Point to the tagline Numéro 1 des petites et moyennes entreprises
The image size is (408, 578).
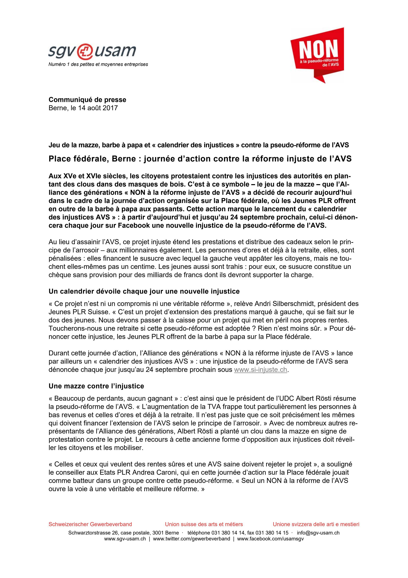[x=98, y=64]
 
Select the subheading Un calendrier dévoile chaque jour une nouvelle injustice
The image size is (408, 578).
[x=144, y=291]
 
